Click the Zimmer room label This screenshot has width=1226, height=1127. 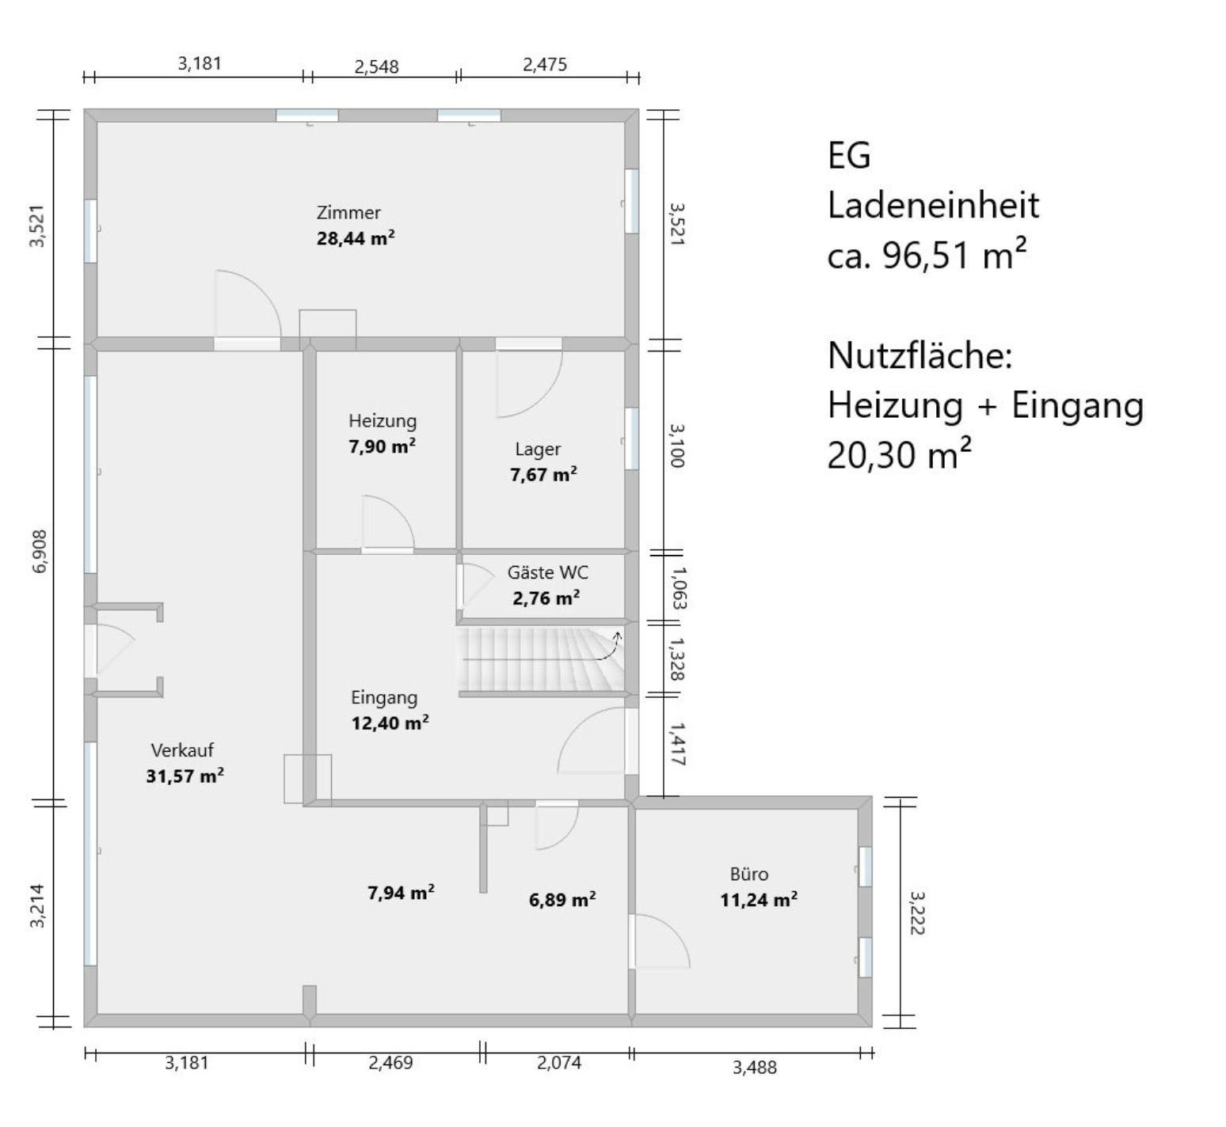point(348,212)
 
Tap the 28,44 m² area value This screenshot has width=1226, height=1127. point(356,237)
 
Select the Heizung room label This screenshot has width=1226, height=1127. point(383,421)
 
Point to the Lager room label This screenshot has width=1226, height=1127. point(538,450)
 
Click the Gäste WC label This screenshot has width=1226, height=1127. point(548,572)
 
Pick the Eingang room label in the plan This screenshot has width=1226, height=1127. point(384,698)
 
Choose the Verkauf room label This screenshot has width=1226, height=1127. point(182,750)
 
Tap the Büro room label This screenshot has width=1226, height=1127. point(749,874)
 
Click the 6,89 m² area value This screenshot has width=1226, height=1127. point(562,899)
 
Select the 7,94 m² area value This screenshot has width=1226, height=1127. point(401,893)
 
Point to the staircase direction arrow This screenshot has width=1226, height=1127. point(607,646)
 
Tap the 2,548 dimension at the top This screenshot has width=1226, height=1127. point(376,66)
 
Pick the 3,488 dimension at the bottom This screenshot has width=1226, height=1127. point(755,1068)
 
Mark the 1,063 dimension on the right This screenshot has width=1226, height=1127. point(678,587)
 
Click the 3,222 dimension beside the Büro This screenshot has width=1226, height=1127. point(917,913)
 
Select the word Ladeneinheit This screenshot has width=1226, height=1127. point(933,205)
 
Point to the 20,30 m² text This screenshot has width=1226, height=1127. point(900,455)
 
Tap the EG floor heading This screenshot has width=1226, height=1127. point(849,155)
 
